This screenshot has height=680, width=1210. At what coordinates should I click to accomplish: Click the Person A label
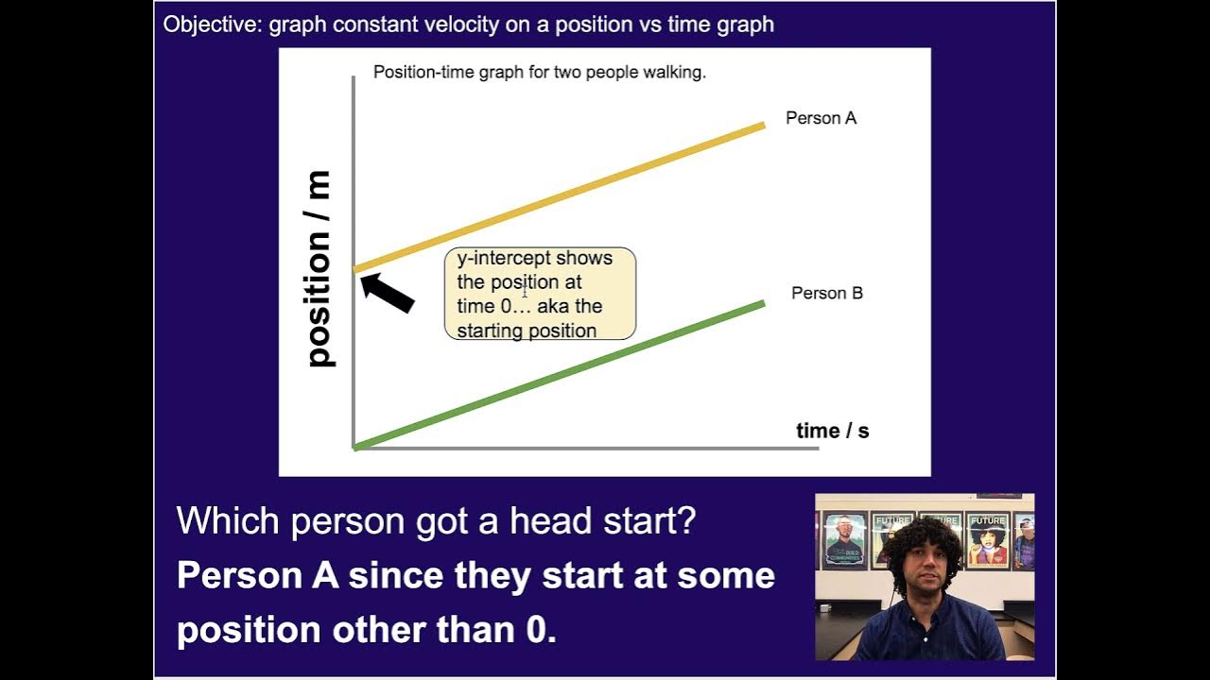click(x=821, y=118)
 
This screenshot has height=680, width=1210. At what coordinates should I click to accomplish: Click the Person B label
click(x=826, y=293)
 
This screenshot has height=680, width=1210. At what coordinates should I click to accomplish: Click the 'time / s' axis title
click(x=832, y=431)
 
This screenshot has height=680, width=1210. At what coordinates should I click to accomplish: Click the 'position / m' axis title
click(x=319, y=269)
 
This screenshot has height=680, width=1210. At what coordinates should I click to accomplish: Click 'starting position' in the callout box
click(x=527, y=331)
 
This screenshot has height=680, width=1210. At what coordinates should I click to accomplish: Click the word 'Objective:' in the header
click(x=213, y=25)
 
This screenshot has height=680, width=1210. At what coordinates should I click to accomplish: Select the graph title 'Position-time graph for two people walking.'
click(x=539, y=73)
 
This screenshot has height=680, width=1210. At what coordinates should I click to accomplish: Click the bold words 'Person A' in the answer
click(x=257, y=575)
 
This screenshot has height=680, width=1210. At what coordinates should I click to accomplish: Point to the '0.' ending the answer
click(x=540, y=630)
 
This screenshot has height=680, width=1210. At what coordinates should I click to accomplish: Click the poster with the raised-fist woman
click(x=987, y=540)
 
